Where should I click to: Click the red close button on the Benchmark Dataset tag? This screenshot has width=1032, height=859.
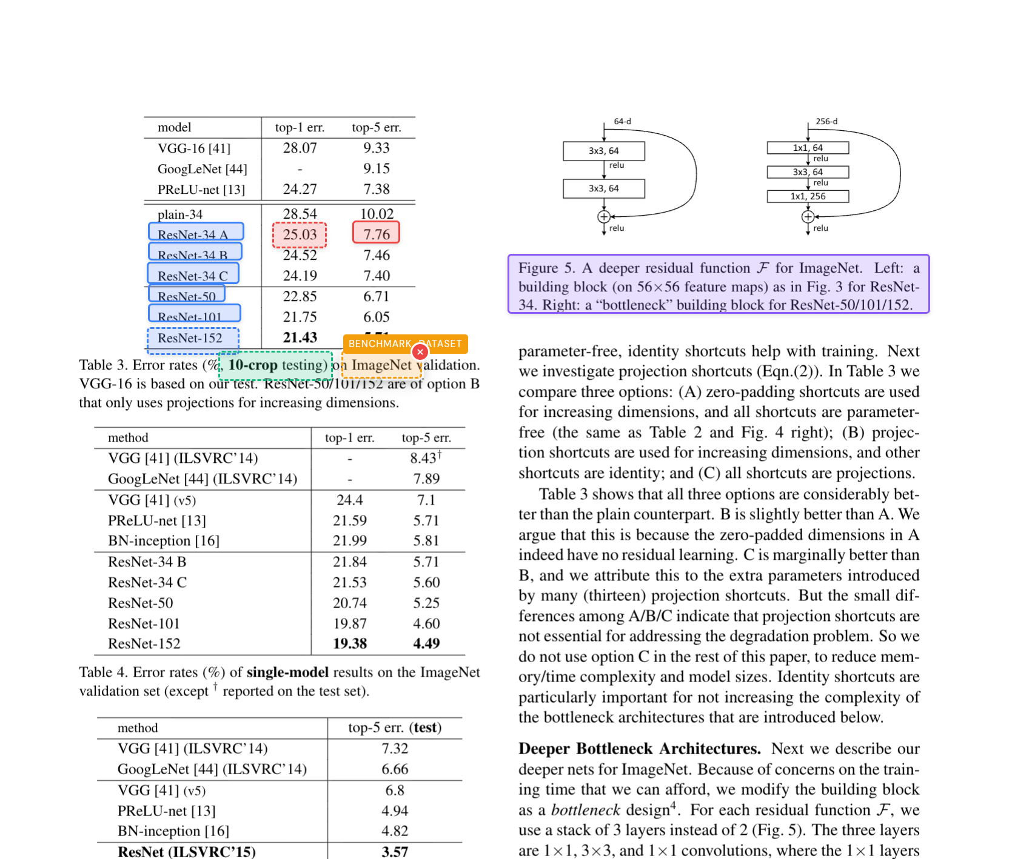point(420,352)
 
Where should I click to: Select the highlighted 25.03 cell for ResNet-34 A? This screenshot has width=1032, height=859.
point(300,235)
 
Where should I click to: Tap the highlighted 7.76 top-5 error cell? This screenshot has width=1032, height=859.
point(376,233)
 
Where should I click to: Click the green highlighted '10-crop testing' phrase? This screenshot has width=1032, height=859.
point(276,365)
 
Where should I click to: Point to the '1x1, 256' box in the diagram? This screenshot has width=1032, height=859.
point(808,196)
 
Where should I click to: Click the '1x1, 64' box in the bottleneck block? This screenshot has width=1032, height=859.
point(808,148)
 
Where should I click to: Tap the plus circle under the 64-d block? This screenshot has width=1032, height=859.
point(604,216)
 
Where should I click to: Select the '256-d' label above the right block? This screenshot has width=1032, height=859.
point(826,121)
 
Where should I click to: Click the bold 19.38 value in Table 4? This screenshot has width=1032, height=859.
point(350,644)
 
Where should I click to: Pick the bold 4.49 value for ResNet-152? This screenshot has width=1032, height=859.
point(426,644)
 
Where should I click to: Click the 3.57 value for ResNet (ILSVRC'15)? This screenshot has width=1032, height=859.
point(395,852)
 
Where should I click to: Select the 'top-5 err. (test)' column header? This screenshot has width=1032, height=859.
point(395,728)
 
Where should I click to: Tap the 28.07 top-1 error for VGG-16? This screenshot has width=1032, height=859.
point(300,148)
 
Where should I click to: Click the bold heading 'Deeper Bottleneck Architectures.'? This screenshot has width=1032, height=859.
point(639,749)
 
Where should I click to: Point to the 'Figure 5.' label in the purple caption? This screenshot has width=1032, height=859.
point(546,268)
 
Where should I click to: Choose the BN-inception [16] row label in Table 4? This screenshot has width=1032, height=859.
point(164,541)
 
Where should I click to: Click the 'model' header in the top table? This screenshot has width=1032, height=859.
point(175,128)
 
